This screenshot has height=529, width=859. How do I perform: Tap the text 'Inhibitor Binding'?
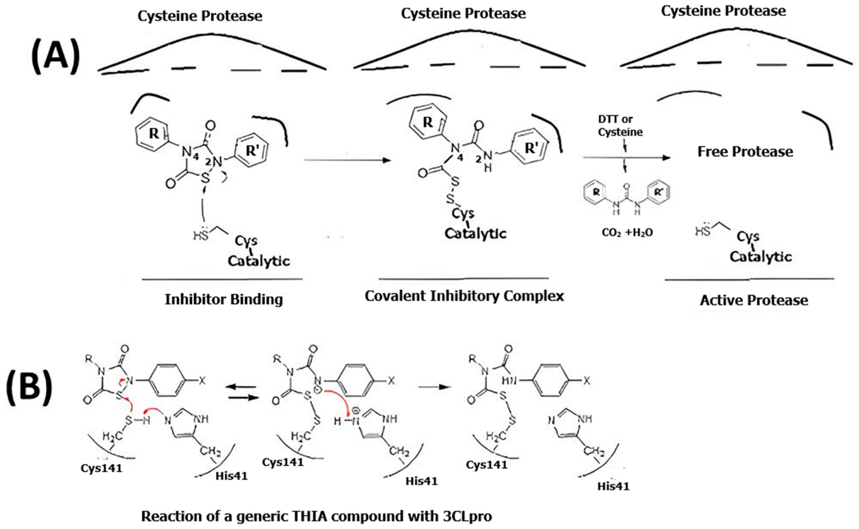(x=224, y=299)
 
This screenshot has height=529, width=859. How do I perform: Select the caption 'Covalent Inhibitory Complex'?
(x=464, y=296)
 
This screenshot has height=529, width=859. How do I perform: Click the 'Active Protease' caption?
(x=754, y=300)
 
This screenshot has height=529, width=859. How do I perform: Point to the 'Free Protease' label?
(x=745, y=151)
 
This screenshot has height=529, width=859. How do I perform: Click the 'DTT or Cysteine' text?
(x=620, y=126)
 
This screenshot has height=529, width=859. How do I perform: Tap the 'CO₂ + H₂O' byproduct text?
(x=627, y=233)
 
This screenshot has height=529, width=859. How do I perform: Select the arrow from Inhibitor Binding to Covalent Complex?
(x=346, y=160)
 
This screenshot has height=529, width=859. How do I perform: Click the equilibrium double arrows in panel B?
(x=241, y=392)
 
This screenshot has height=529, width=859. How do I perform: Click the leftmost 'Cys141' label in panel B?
(x=102, y=468)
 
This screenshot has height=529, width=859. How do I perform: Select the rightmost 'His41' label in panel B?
(x=613, y=486)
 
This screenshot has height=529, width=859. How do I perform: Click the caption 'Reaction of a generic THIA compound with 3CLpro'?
(x=317, y=516)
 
